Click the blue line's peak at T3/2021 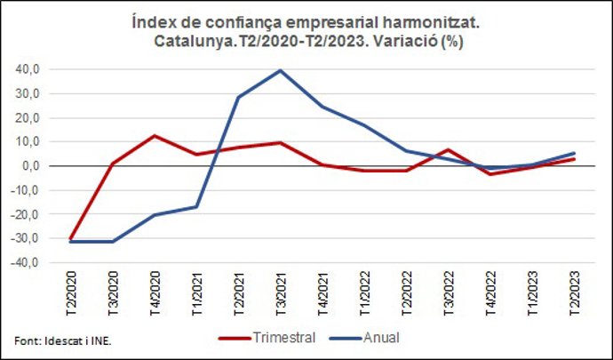pyautogui.click(x=280, y=70)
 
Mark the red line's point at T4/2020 pyautogui.click(x=155, y=136)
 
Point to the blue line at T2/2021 pyautogui.click(x=238, y=97)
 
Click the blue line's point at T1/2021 pyautogui.click(x=196, y=206)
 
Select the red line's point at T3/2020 pyautogui.click(x=112, y=164)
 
